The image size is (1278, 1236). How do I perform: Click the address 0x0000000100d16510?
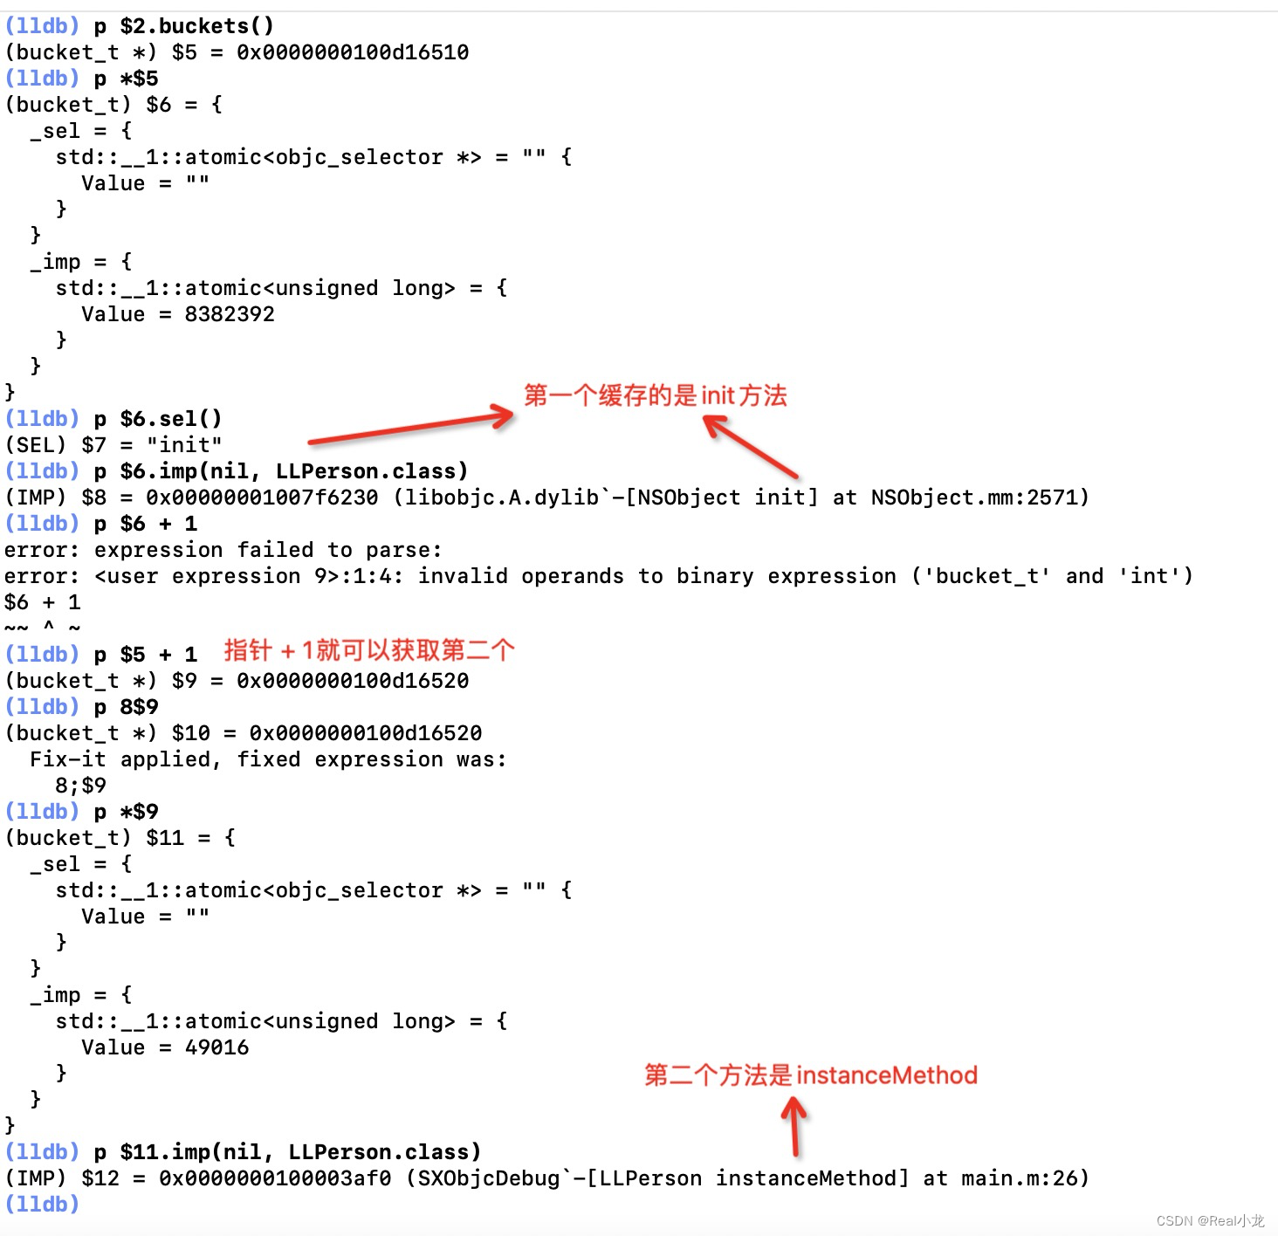[x=353, y=52]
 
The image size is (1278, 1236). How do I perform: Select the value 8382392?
[x=230, y=314]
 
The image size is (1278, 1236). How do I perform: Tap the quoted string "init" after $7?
[x=184, y=445]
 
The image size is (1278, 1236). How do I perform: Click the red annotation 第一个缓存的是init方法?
[x=655, y=395]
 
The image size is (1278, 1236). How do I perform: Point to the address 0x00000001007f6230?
[x=262, y=498]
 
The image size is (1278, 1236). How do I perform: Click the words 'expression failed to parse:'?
[x=267, y=550]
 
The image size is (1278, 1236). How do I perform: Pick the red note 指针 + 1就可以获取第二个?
[x=369, y=650]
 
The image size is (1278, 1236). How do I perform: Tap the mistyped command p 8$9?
[x=127, y=707]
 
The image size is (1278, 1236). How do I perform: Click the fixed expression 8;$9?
[x=80, y=786]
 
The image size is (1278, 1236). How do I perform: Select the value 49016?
[x=216, y=1047]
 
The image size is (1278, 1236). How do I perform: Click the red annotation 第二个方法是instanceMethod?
[x=810, y=1075]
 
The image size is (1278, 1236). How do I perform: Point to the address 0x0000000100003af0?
[x=275, y=1178]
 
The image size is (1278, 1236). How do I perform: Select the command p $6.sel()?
[x=158, y=419]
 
